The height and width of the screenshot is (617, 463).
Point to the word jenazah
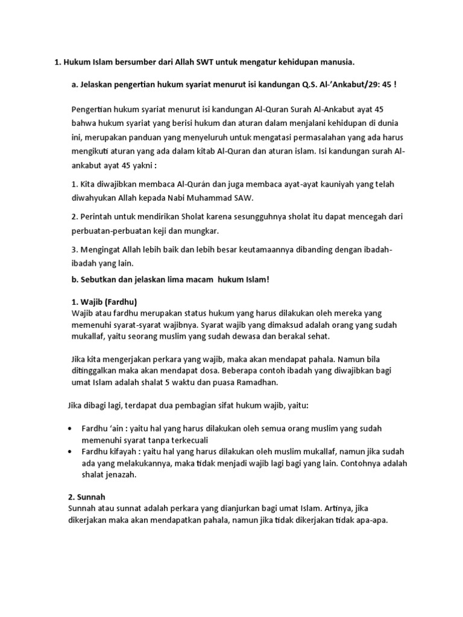(x=121, y=475)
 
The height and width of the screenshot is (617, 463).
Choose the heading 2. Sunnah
(x=88, y=498)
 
